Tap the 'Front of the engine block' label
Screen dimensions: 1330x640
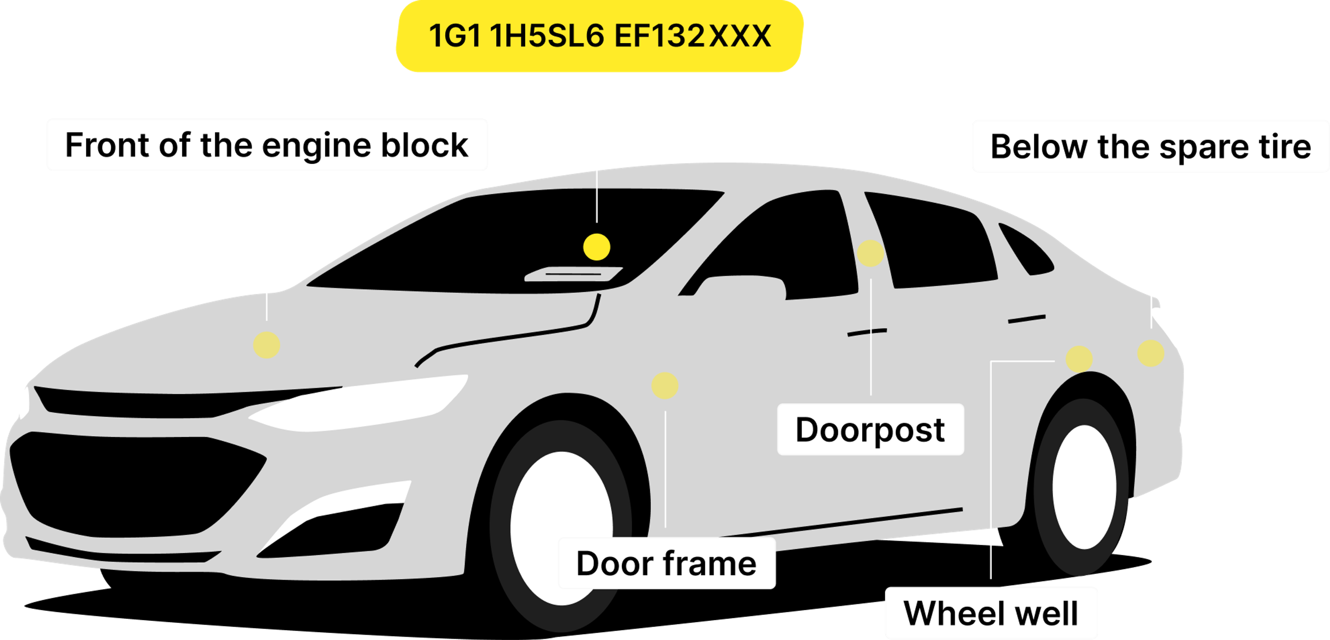[x=267, y=145]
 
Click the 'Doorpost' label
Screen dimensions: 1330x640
[x=870, y=430]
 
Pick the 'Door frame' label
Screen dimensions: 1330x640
[x=666, y=563]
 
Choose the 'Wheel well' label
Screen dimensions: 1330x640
[x=991, y=613]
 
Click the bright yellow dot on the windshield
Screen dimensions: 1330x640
[x=596, y=247]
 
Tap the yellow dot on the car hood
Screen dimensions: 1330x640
[x=266, y=345]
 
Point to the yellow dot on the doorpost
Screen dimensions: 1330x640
[x=870, y=253]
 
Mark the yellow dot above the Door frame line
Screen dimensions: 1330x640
[x=665, y=386]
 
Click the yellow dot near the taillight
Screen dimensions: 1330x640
[x=1151, y=353]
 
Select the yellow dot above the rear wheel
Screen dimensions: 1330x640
[x=1079, y=359]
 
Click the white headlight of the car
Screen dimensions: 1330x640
[x=361, y=405]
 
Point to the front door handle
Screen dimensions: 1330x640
[x=867, y=332]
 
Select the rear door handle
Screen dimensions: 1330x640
[x=1026, y=319]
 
